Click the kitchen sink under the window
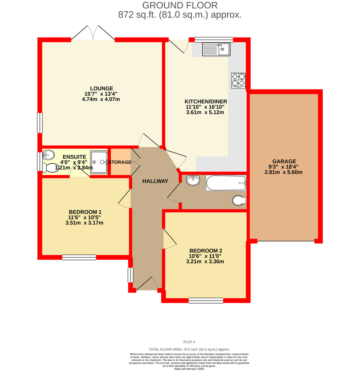(216, 49)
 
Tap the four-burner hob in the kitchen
(238, 81)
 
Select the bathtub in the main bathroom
(226, 183)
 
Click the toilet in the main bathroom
(239, 201)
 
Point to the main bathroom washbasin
(193, 180)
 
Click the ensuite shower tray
(99, 162)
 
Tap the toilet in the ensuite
(49, 168)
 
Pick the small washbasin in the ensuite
(48, 155)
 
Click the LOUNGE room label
(101, 88)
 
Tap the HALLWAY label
(155, 181)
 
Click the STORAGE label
(120, 162)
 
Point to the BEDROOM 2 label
(205, 251)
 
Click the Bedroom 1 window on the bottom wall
(79, 257)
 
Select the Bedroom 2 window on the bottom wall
(206, 301)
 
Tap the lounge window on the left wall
(40, 123)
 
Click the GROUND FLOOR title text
(180, 6)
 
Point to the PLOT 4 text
(189, 342)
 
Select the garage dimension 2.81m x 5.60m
(283, 172)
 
